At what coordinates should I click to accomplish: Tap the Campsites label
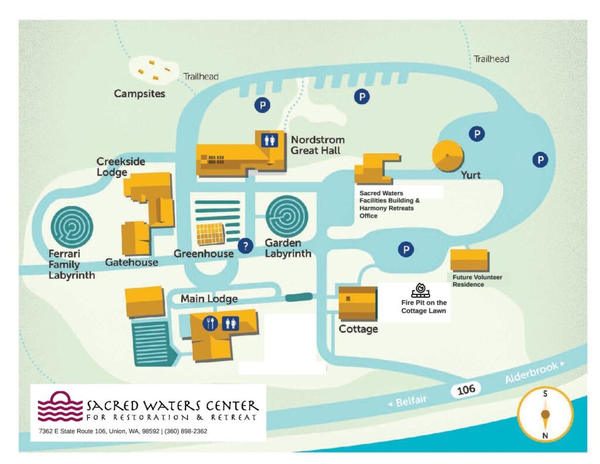click(139, 93)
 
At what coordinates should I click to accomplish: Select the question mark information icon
click(247, 245)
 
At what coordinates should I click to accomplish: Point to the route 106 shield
click(466, 388)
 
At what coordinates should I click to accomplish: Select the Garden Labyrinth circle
click(287, 216)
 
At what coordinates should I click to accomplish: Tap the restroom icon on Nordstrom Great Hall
click(269, 140)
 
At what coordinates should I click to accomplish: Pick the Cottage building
click(357, 303)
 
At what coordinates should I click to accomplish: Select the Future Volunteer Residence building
click(469, 260)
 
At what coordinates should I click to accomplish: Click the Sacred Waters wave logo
click(61, 406)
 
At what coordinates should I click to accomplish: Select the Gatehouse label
click(131, 262)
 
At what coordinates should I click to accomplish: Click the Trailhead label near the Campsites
click(201, 77)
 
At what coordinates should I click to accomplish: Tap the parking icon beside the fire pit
click(405, 250)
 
